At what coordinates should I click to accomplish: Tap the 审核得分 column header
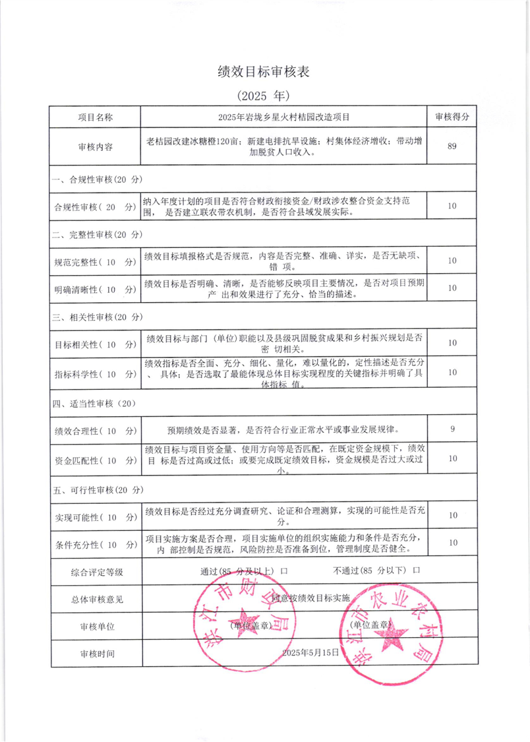(452, 117)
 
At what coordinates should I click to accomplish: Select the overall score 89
(452, 146)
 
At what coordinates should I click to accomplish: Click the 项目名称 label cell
(95, 117)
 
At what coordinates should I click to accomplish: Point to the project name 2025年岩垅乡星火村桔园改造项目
(283, 117)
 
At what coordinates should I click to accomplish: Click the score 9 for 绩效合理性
(452, 429)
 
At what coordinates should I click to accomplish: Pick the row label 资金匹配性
(95, 459)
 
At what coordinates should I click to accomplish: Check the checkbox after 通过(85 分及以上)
(284, 569)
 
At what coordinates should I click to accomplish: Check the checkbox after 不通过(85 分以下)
(416, 569)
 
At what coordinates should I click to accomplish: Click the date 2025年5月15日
(310, 652)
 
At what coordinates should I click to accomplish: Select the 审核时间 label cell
(96, 653)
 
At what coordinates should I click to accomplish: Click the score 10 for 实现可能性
(452, 515)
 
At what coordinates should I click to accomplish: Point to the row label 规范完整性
(95, 262)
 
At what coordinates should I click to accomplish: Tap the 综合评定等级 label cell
(96, 570)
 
